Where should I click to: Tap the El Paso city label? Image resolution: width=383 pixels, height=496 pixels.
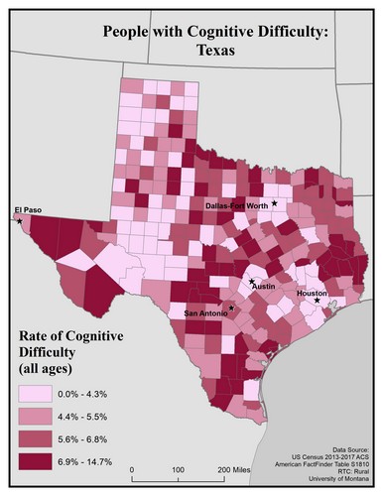tap(27, 209)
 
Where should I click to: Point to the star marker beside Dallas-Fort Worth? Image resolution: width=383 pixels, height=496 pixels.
tap(276, 203)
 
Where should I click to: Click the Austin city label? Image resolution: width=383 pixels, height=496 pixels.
tap(263, 286)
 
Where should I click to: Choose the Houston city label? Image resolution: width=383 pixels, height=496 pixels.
tap(312, 293)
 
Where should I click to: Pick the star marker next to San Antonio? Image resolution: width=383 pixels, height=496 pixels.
tap(232, 309)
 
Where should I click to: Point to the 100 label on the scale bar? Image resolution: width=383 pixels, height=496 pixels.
tap(177, 467)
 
